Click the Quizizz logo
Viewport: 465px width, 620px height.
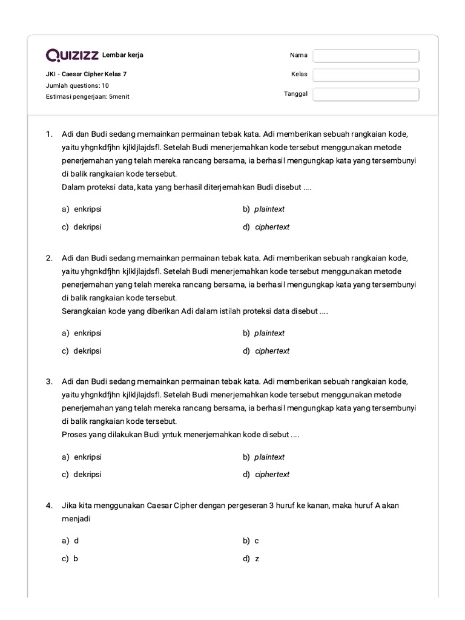[73, 56]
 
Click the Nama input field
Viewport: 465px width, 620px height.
[366, 56]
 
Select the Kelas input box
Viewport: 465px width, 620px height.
[366, 75]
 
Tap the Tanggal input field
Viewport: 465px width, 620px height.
[366, 94]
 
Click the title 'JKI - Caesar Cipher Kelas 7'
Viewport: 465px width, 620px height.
[87, 74]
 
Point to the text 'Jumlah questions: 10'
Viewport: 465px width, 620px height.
[77, 85]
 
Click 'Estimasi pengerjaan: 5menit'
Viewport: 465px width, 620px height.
[88, 96]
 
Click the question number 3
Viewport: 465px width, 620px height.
[49, 381]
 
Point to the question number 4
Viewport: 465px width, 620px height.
[49, 506]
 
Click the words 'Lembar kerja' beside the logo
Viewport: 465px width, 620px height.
[123, 56]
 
